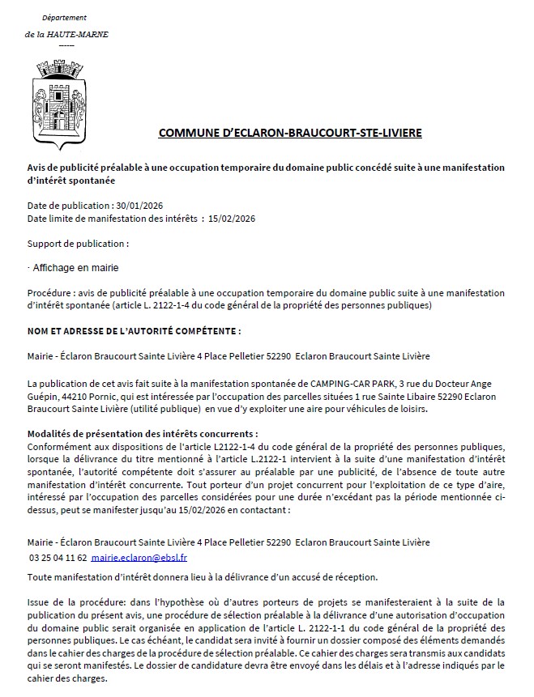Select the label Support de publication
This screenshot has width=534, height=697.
[x=77, y=243]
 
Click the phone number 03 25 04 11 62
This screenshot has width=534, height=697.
[x=58, y=559]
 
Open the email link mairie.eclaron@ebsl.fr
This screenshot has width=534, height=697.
[x=139, y=559]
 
